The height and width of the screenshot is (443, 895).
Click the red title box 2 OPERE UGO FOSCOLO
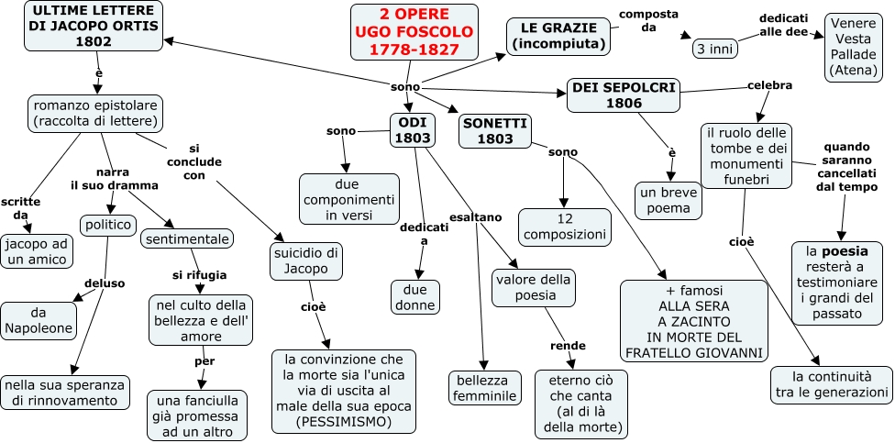[x=414, y=32]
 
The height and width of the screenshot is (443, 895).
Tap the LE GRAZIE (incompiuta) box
[x=558, y=35]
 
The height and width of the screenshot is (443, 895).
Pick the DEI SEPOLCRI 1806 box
[x=623, y=94]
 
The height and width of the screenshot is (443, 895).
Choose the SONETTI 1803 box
[x=494, y=131]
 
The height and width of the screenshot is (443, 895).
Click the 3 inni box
[x=714, y=49]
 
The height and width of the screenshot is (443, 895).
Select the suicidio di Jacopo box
[x=306, y=260]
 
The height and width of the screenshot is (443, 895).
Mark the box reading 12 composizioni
[x=564, y=227]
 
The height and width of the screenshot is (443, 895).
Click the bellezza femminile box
[x=485, y=387]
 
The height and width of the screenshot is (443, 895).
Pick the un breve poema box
[x=668, y=200]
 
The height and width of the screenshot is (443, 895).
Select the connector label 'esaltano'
[x=476, y=217]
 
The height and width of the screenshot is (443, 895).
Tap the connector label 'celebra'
[x=769, y=85]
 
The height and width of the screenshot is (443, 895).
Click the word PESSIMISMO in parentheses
[x=343, y=422]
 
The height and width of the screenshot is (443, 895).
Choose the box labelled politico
[x=109, y=225]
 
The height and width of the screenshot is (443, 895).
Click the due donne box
[x=414, y=297]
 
